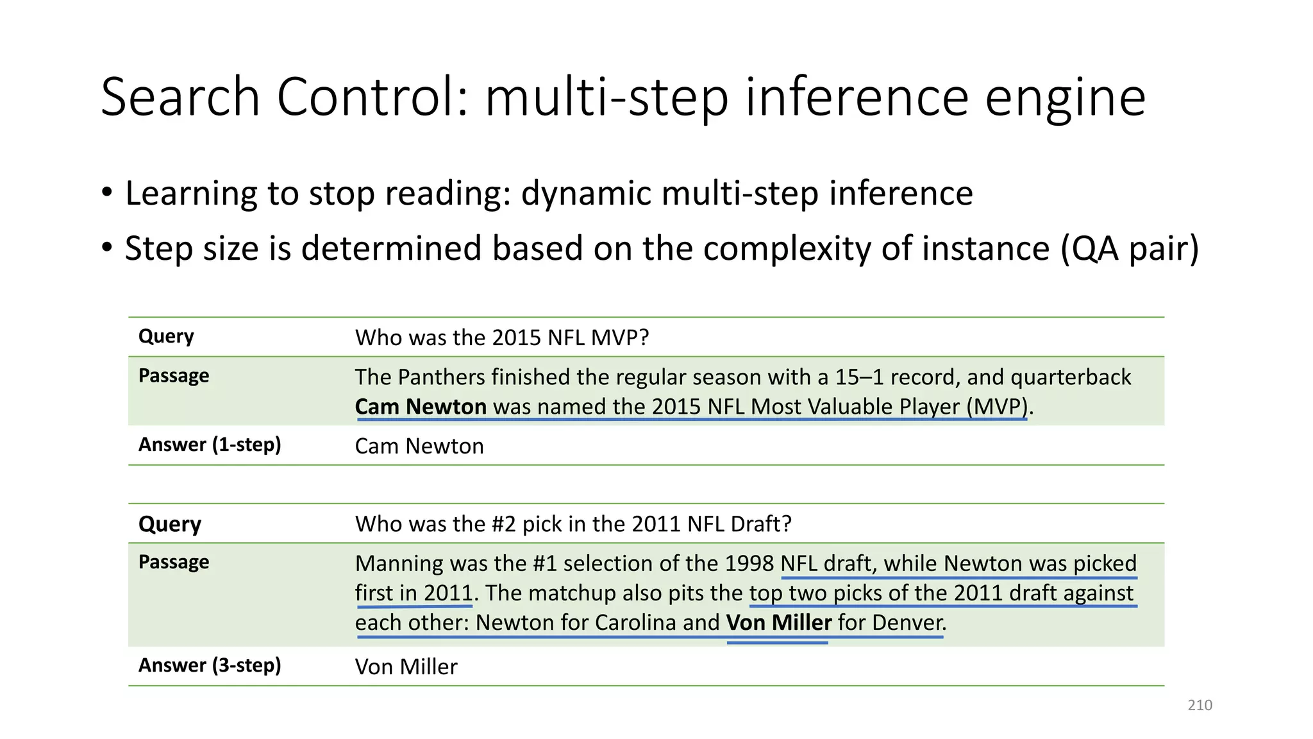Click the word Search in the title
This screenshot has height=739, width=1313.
click(180, 98)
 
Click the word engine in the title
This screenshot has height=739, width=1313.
click(1065, 98)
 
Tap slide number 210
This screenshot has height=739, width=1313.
click(1200, 705)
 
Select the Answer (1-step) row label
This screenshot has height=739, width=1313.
click(210, 445)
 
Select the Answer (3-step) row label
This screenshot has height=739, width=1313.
click(210, 665)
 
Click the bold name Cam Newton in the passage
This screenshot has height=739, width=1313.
click(421, 407)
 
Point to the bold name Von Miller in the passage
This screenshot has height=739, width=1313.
click(778, 622)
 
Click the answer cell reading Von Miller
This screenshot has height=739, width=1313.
click(406, 667)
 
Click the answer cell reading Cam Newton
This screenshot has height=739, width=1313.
click(419, 446)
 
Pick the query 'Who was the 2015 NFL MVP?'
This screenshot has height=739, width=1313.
click(502, 337)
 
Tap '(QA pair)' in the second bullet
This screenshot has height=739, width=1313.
click(1129, 248)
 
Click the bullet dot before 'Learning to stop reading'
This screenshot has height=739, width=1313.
click(107, 192)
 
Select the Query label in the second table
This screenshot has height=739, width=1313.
click(170, 524)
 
